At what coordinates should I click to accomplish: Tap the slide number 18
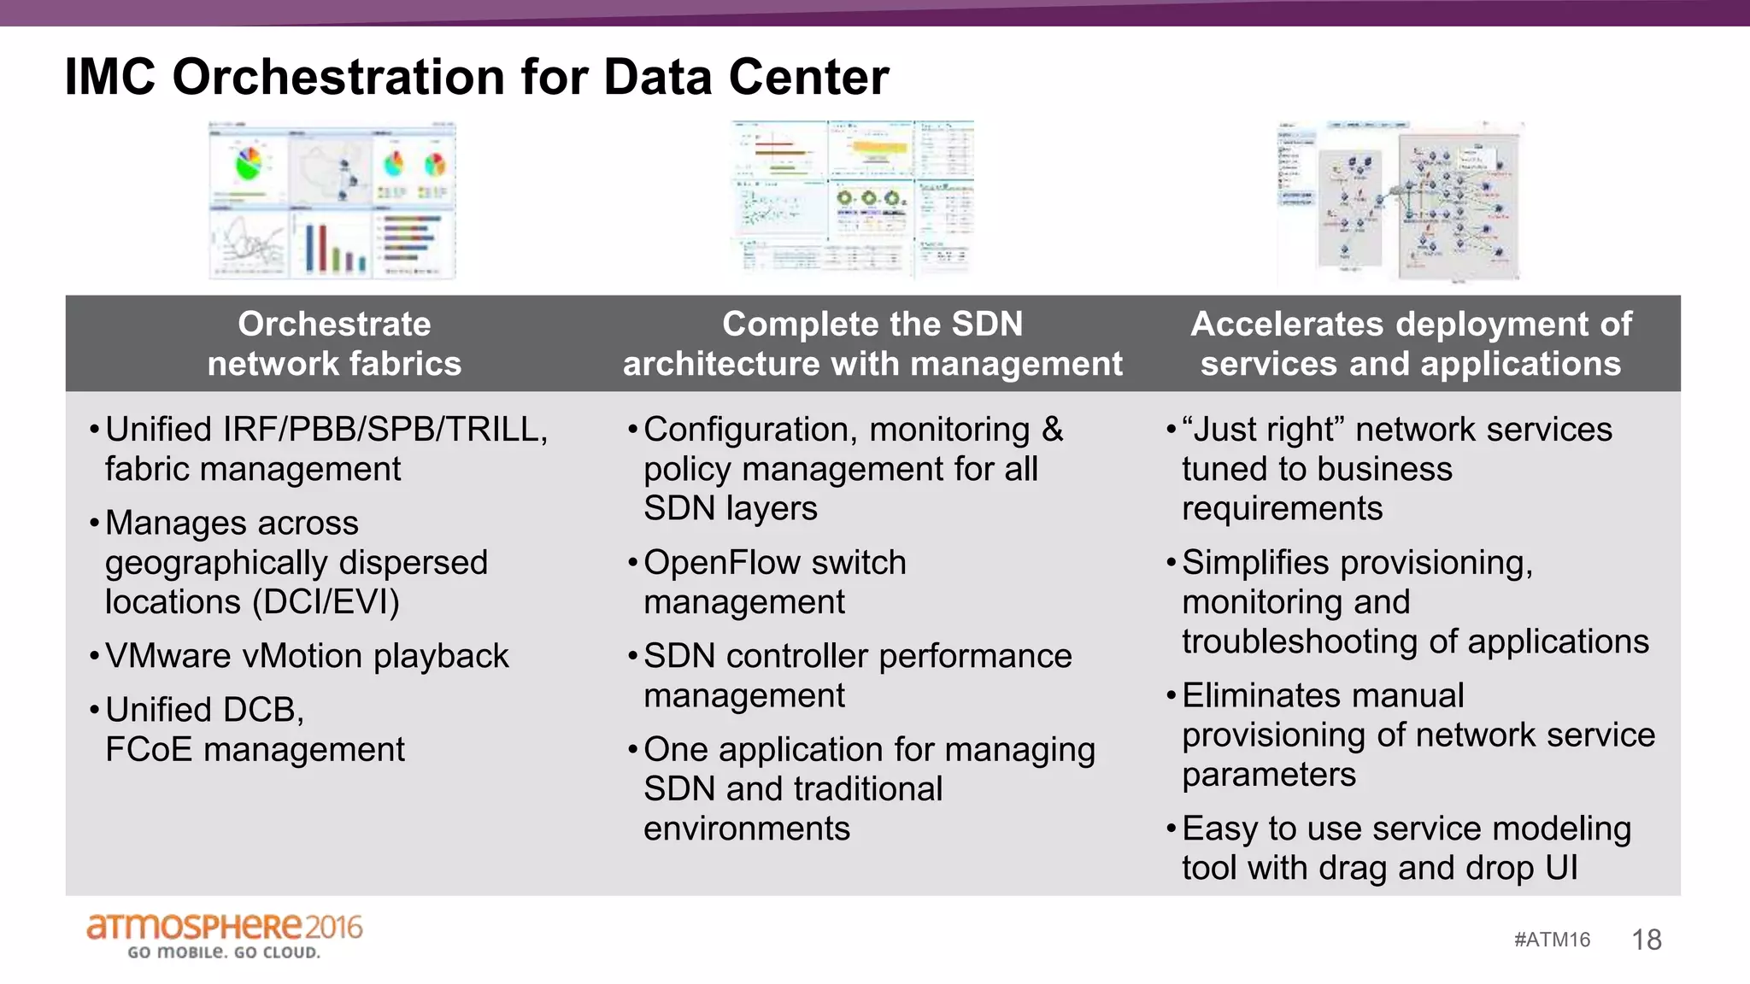[1646, 940]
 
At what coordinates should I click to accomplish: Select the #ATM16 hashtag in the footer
[1552, 940]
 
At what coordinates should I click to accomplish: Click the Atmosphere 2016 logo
[224, 935]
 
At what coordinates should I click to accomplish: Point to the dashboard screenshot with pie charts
[332, 200]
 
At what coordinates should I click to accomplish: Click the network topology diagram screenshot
[1400, 202]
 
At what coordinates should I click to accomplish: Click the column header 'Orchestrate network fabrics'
[334, 343]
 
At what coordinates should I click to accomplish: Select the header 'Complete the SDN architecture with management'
[872, 343]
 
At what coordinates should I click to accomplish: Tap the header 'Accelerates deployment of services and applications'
[1411, 343]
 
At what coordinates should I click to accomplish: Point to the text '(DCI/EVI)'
[326, 602]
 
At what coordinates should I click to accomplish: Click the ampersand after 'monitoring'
[1052, 430]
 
